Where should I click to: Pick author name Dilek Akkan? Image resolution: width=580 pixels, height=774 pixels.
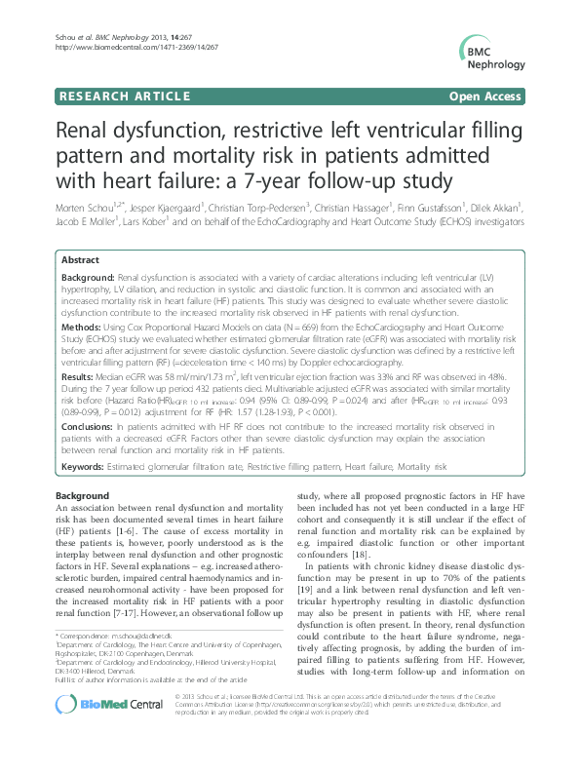[x=498, y=208]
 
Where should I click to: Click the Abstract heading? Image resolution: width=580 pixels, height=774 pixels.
[x=81, y=261]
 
